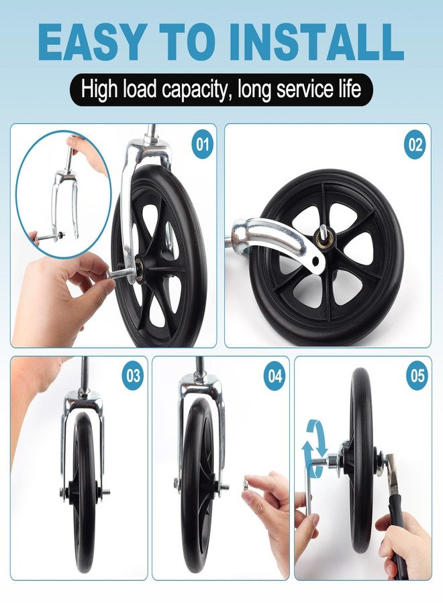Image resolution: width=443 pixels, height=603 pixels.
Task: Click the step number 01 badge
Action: tap(203, 145)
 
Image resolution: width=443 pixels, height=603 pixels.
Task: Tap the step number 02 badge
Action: tap(415, 145)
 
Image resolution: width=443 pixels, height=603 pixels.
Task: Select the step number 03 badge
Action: tap(133, 375)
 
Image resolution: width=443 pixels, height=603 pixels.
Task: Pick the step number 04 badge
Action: tap(275, 376)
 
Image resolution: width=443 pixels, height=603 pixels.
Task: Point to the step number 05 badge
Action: tap(417, 375)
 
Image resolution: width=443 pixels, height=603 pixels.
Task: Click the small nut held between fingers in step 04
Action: tap(246, 482)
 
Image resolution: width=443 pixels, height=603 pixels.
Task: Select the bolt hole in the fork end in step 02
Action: tap(316, 261)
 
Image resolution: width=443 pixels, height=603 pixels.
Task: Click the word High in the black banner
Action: tap(99, 90)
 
